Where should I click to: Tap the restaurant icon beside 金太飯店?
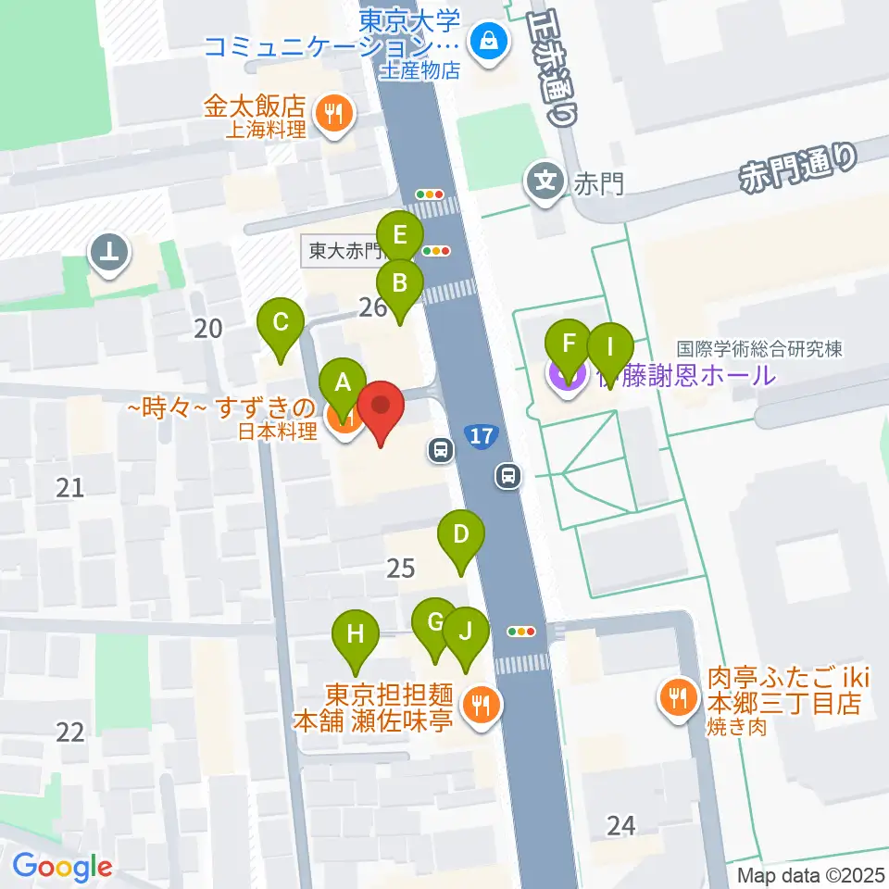[332, 114]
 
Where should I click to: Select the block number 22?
[70, 732]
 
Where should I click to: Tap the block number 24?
[621, 823]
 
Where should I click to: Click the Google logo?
[61, 868]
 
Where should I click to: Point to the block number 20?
[209, 327]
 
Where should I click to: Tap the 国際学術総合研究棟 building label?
[758, 349]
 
